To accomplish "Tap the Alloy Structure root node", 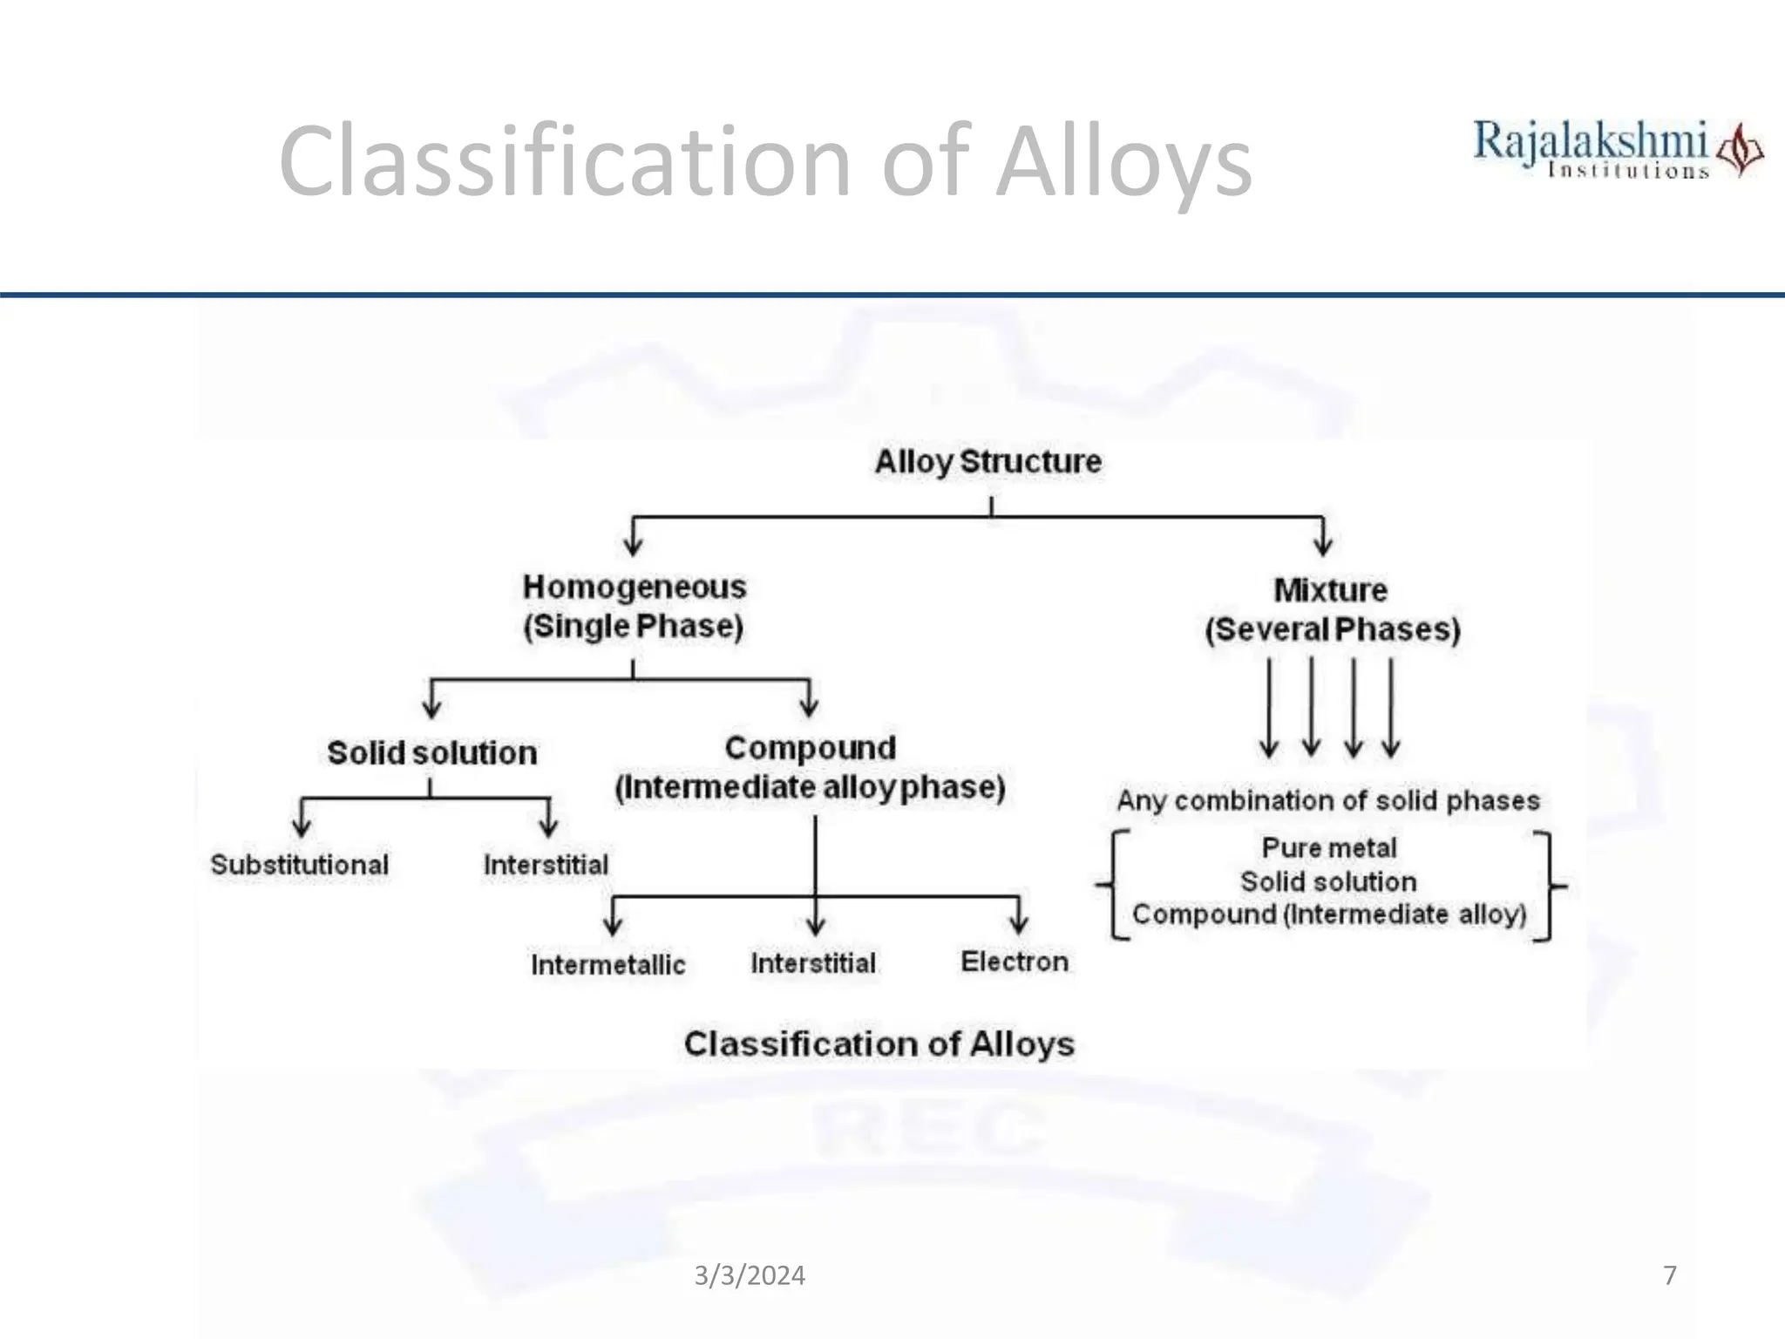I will click(988, 461).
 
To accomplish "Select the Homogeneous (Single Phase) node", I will click(634, 606).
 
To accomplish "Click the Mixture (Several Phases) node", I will click(1332, 609).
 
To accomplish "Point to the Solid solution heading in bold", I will click(431, 752).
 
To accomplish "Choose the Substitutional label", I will click(299, 865).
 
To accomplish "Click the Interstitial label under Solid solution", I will click(546, 865).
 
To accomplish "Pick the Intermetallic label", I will click(607, 964).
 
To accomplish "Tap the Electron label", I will click(1015, 961).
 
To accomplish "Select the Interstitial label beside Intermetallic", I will click(813, 962).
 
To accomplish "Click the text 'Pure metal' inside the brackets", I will click(1329, 847).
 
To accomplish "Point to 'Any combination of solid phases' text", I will click(1328, 800).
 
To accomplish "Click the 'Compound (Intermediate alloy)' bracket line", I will click(1329, 914).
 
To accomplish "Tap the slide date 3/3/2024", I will click(750, 1275).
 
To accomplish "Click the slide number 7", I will click(1669, 1275).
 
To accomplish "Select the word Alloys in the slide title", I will click(1123, 162).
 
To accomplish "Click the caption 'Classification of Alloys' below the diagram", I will click(879, 1043).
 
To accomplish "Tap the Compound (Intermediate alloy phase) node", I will click(811, 767).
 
